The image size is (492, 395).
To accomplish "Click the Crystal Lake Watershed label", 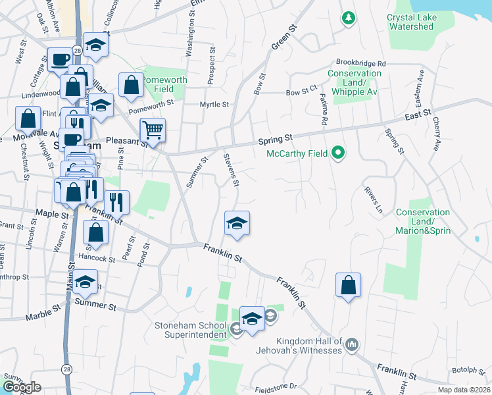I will pyautogui.click(x=420, y=22).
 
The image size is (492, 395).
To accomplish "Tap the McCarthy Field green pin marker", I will pyautogui.click(x=338, y=154).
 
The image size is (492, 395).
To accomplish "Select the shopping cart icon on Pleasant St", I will pyautogui.click(x=153, y=130).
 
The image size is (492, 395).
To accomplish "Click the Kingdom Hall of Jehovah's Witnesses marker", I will pyautogui.click(x=352, y=344).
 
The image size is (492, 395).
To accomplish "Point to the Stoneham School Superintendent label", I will pyautogui.click(x=191, y=330).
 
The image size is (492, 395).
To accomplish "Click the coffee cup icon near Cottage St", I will pyautogui.click(x=59, y=60).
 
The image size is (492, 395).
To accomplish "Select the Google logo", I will pyautogui.click(x=22, y=387).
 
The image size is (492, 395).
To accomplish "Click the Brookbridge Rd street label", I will pyautogui.click(x=360, y=63).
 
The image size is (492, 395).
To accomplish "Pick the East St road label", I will pyautogui.click(x=417, y=115).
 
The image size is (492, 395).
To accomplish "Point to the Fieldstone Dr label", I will pyautogui.click(x=275, y=387).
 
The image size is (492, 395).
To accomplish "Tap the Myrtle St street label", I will pyautogui.click(x=215, y=105).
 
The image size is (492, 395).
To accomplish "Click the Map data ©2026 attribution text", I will pyautogui.click(x=464, y=389).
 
